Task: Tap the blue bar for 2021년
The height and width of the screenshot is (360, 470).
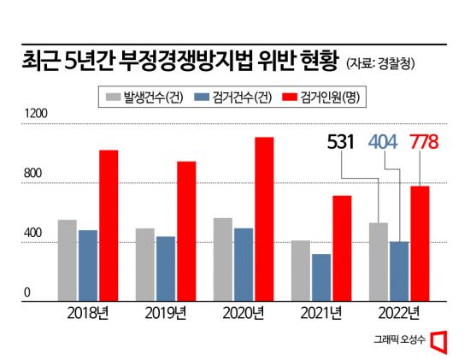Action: (321, 277)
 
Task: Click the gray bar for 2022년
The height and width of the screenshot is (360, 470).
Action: (378, 262)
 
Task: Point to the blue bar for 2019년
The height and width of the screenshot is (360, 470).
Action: (166, 269)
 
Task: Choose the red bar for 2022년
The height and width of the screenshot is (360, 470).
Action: (420, 243)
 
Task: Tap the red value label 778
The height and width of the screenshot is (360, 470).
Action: (426, 141)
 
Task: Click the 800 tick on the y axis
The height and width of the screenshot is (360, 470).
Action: (31, 175)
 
